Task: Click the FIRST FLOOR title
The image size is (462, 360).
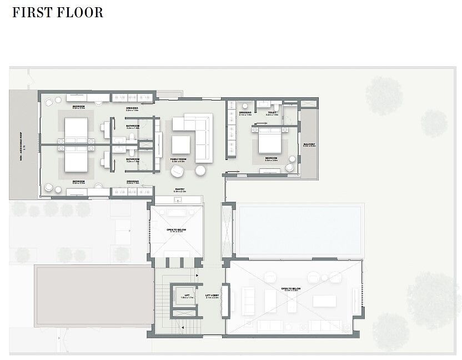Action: pos(58,12)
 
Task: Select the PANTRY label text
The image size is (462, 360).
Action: pos(179,190)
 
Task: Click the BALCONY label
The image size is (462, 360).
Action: pos(309,145)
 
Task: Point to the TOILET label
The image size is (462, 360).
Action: pos(272,113)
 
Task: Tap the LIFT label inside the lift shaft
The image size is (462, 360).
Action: pos(183,296)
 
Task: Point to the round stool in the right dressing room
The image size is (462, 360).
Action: pos(245,105)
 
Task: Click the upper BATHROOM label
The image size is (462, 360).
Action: pos(132,127)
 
